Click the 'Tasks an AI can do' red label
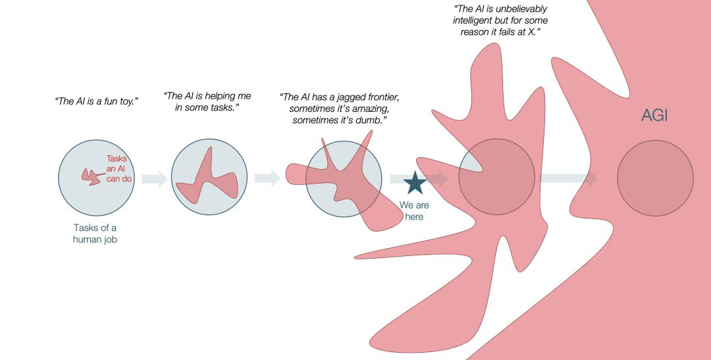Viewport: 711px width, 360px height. pos(119,168)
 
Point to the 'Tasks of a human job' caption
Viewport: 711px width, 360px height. pos(95,234)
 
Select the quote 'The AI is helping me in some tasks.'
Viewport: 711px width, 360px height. pos(207,101)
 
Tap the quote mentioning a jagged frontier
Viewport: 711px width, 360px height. pos(340,108)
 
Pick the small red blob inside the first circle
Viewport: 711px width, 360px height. pos(90,176)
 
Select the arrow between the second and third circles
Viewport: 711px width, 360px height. pos(267,178)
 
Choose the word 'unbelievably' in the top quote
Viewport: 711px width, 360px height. pos(522,9)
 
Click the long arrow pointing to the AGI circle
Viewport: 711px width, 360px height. pos(568,178)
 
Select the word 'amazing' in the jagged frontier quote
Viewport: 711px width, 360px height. pos(380,108)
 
